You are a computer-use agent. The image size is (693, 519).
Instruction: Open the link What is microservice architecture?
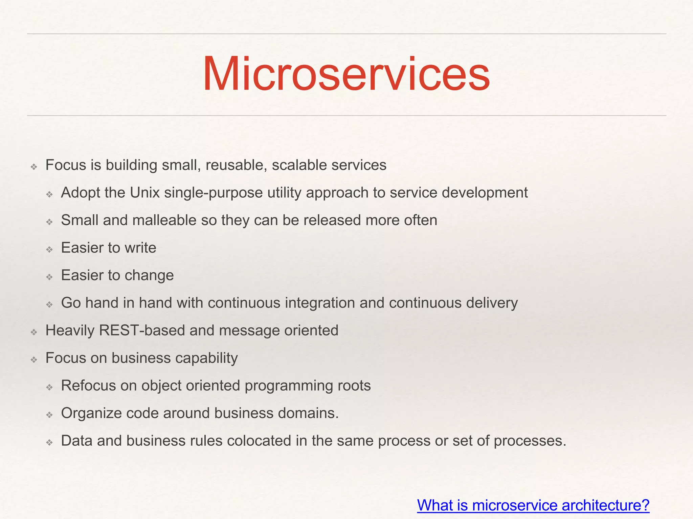coord(533,505)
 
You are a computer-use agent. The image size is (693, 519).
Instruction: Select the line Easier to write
coord(109,248)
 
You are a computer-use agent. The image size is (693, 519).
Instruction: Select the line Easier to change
coord(117,275)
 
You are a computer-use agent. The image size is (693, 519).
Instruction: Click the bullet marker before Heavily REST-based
coord(33,332)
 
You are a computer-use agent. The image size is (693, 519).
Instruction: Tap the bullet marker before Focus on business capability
coord(33,360)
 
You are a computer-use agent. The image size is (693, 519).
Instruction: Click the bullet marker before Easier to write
coord(49,250)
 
